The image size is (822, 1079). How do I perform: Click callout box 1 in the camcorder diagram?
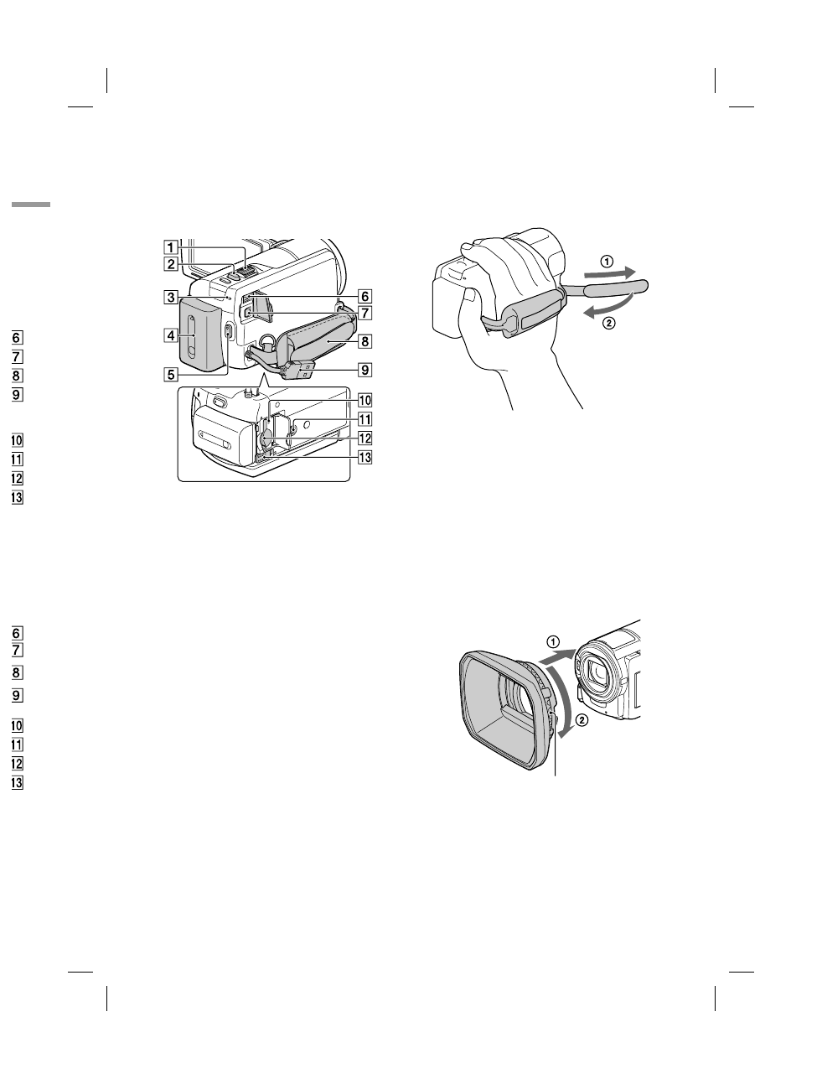click(x=170, y=247)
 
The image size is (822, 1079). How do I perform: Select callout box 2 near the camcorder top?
click(x=170, y=264)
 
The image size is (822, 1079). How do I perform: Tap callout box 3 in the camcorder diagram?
click(x=170, y=296)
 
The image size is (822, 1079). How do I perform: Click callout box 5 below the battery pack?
click(x=170, y=375)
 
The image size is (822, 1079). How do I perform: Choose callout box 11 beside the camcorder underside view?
click(x=364, y=419)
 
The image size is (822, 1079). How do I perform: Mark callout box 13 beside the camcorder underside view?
click(x=364, y=457)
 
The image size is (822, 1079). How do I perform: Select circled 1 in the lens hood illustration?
click(x=552, y=641)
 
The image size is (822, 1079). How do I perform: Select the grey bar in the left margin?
click(x=31, y=205)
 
